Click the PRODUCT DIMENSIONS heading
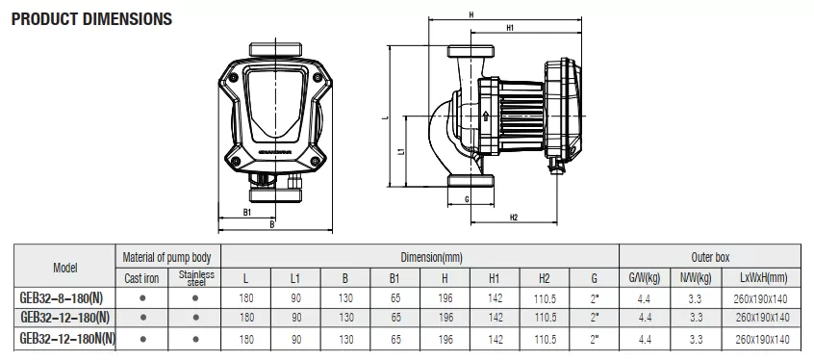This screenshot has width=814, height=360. pyautogui.click(x=91, y=19)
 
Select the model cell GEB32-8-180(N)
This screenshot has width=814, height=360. pyautogui.click(x=62, y=298)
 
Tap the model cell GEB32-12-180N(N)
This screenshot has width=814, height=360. pyautogui.click(x=67, y=339)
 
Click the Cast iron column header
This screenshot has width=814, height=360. pyautogui.click(x=141, y=278)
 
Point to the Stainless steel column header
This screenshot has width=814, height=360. pyautogui.click(x=196, y=278)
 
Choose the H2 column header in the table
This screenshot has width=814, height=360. pyautogui.click(x=544, y=278)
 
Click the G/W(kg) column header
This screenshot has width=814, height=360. pyautogui.click(x=645, y=278)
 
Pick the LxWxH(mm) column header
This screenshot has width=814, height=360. pyautogui.click(x=763, y=278)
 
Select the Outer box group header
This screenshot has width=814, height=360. pyautogui.click(x=710, y=257)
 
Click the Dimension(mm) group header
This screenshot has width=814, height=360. pyautogui.click(x=431, y=257)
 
